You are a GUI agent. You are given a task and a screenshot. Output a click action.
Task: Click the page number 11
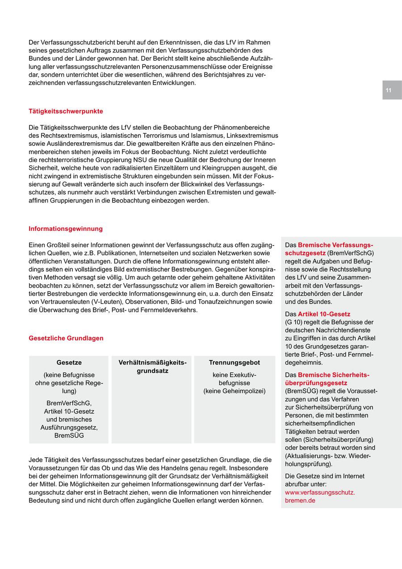[x=388, y=90]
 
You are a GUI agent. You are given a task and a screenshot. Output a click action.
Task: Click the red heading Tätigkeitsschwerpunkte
[x=66, y=111]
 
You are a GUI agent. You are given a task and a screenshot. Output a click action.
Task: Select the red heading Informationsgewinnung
[x=66, y=229]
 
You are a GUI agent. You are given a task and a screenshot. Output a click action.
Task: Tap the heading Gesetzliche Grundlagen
[x=66, y=338]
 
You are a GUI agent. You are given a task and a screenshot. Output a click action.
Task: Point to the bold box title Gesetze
[x=69, y=362]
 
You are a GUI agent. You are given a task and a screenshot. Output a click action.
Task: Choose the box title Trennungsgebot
[x=234, y=362]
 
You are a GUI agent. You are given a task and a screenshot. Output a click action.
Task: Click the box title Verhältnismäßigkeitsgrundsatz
[x=152, y=366]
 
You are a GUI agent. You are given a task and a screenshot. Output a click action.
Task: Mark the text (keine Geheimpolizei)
[x=234, y=391]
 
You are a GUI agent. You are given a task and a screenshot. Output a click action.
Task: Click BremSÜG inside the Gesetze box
[x=69, y=435]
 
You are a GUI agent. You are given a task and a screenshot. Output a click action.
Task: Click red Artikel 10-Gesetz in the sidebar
[x=324, y=314]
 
